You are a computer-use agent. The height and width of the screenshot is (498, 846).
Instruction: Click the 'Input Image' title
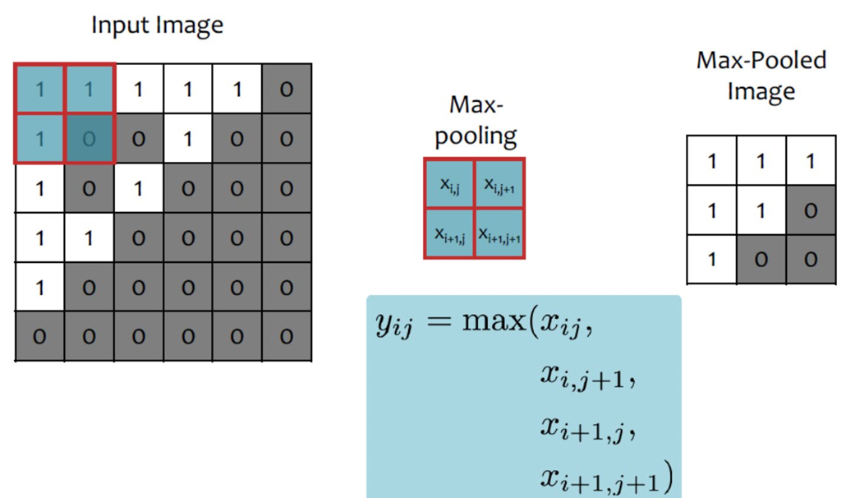click(157, 25)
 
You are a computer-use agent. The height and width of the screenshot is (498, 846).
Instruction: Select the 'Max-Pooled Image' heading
click(761, 76)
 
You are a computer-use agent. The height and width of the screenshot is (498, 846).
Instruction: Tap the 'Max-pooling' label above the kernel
click(476, 120)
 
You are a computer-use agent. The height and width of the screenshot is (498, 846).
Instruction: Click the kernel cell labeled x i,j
click(450, 184)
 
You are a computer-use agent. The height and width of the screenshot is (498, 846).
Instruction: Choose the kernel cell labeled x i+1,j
click(450, 233)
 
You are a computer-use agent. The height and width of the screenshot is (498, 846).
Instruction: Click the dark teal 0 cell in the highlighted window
click(89, 138)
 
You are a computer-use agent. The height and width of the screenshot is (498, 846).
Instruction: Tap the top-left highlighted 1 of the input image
click(39, 89)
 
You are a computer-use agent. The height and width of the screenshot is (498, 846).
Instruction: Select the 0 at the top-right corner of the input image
click(287, 89)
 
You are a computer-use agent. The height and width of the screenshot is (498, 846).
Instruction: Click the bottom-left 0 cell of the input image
click(39, 336)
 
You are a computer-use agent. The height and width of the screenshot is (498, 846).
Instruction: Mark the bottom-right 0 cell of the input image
click(287, 336)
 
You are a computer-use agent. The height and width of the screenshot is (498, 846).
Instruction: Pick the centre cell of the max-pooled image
click(761, 210)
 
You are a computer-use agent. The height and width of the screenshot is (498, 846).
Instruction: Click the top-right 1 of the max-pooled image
click(810, 160)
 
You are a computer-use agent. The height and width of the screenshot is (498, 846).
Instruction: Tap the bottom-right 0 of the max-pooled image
click(810, 260)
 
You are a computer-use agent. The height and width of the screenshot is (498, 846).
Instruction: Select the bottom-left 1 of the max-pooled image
click(711, 260)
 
